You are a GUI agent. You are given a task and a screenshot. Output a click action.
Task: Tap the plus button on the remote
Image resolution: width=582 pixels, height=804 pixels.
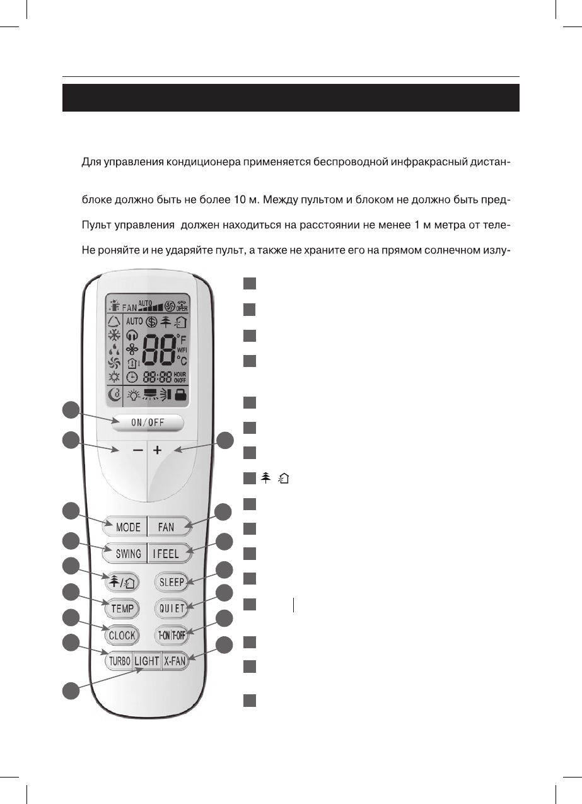[x=158, y=452]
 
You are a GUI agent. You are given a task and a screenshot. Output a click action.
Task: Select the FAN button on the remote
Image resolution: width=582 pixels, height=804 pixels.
[x=166, y=527]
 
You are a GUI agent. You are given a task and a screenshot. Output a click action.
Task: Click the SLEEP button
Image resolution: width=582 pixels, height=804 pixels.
[x=171, y=582]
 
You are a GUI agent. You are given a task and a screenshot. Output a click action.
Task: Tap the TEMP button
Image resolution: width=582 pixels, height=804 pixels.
[x=122, y=609]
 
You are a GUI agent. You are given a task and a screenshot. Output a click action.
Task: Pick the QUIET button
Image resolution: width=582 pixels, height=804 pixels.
[x=171, y=609]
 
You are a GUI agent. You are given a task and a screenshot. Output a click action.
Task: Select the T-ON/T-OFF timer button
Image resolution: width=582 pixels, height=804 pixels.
[x=171, y=635]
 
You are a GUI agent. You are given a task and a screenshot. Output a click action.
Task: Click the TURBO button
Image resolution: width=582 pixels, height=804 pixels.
[x=119, y=661]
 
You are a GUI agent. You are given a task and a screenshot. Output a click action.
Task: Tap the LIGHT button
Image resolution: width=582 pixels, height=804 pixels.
[x=147, y=661]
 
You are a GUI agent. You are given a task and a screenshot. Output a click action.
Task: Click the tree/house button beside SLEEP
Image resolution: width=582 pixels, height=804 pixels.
[x=122, y=582]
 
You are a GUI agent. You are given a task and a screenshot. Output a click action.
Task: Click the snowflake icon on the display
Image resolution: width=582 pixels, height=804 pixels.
[x=114, y=334]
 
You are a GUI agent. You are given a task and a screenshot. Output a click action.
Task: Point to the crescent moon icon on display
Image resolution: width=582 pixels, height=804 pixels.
[x=114, y=396]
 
